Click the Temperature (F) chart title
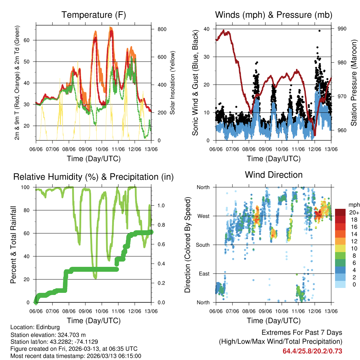click(94, 15)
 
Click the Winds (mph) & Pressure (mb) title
click(274, 15)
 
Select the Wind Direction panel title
click(274, 175)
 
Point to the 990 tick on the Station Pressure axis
click(342, 29)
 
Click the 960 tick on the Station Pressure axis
click(342, 130)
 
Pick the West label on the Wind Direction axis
click(203, 216)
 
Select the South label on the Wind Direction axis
click(202, 245)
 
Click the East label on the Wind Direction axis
click(204, 274)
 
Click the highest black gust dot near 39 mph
click(319, 31)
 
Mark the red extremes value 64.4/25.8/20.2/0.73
click(312, 351)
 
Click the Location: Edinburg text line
click(35, 327)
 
